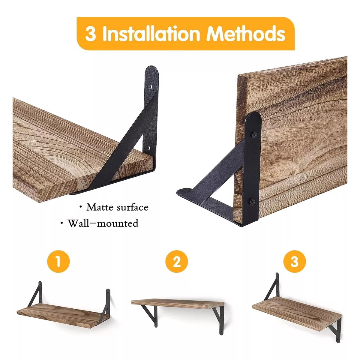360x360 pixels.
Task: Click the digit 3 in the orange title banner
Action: [90, 34]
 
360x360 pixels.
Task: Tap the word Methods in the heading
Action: [245, 34]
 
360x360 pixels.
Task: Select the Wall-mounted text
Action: [103, 223]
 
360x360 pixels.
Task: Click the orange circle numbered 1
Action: [58, 261]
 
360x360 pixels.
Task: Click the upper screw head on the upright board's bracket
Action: [255, 136]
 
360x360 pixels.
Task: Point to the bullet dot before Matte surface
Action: [80, 207]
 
